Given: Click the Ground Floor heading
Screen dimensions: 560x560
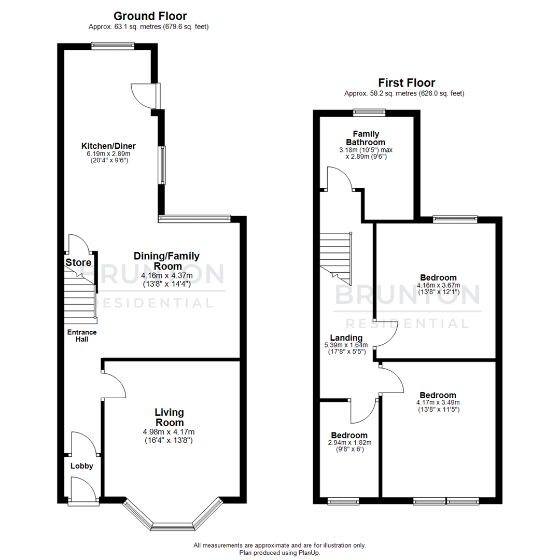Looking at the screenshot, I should click(x=150, y=16).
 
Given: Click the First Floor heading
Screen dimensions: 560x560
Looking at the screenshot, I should click(x=406, y=82).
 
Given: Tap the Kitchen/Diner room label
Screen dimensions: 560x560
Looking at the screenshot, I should click(x=108, y=145).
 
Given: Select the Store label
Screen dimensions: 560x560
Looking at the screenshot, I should click(x=78, y=263).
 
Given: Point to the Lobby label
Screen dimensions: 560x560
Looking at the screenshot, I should click(x=82, y=466).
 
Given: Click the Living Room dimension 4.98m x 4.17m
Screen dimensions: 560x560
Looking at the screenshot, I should click(x=170, y=432).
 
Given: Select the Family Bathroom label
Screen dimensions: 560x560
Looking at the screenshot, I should click(x=366, y=138).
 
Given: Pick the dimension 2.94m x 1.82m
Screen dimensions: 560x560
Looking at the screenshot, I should click(x=349, y=443).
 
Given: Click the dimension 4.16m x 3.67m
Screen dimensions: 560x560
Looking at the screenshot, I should click(x=439, y=285).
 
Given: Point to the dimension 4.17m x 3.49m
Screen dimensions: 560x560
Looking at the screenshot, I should click(x=438, y=402).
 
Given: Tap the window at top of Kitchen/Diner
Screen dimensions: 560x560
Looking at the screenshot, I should click(x=113, y=46).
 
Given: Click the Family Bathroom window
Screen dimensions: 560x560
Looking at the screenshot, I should click(x=369, y=111).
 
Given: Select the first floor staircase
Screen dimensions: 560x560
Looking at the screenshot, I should click(x=335, y=257).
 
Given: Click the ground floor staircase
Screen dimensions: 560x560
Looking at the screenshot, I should click(x=80, y=298).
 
